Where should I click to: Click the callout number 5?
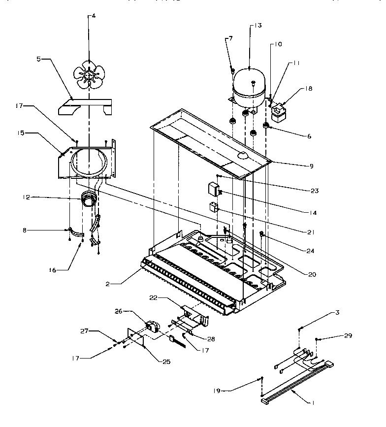click(x=39, y=59)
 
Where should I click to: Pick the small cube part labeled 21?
click(x=214, y=207)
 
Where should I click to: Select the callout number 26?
click(x=119, y=311)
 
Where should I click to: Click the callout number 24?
click(x=309, y=251)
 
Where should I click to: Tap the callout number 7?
click(x=230, y=38)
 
